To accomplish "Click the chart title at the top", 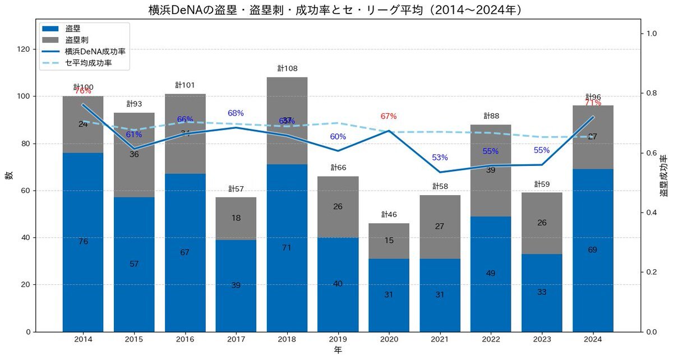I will pyautogui.click(x=336, y=10).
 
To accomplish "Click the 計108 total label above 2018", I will pyautogui.click(x=287, y=68).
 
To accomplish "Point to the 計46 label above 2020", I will pyautogui.click(x=389, y=214).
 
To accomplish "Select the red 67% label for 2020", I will pyautogui.click(x=389, y=117).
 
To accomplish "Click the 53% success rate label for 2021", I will pyautogui.click(x=440, y=158).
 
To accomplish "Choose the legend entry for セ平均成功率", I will pyautogui.click(x=88, y=63).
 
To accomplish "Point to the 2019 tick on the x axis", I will pyautogui.click(x=338, y=339).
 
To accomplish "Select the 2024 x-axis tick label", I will pyautogui.click(x=593, y=339).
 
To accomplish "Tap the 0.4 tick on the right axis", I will pyautogui.click(x=651, y=213).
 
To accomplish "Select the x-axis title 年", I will pyautogui.click(x=338, y=350).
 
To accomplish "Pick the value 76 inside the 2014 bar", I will pyautogui.click(x=83, y=242).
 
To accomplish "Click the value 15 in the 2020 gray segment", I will pyautogui.click(x=389, y=241).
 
